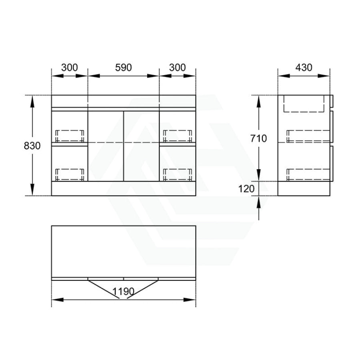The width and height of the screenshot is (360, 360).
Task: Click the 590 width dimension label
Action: tap(123, 68)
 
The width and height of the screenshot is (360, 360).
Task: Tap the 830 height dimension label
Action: tap(32, 146)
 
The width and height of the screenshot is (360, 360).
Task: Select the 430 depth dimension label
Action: tap(304, 68)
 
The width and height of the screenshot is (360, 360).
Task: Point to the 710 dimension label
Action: tap(258, 138)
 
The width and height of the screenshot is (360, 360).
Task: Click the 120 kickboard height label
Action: tap(246, 189)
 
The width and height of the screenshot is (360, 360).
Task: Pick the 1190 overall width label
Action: tap(123, 292)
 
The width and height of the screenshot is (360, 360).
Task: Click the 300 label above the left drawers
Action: tap(70, 68)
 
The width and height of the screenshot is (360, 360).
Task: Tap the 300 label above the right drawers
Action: tap(178, 68)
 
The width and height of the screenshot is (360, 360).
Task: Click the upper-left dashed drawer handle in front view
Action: tap(70, 136)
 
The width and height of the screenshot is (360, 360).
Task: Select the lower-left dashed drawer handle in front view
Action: tap(70, 174)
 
